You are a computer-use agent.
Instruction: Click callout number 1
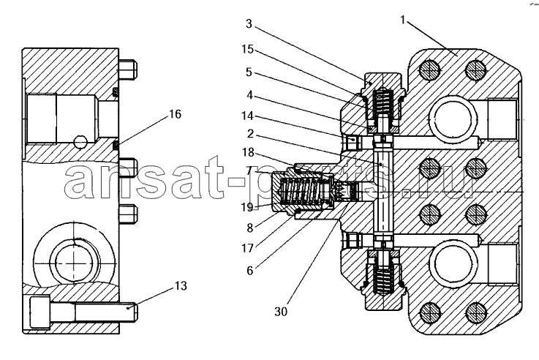tap(403, 20)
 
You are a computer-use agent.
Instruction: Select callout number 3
tap(249, 23)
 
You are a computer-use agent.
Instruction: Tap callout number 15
tap(247, 49)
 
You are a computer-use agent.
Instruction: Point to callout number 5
tap(249, 72)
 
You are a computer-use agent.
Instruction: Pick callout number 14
tap(247, 116)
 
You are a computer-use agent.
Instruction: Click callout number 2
tap(250, 133)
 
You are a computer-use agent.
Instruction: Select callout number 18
tap(248, 152)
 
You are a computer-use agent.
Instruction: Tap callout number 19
tap(246, 207)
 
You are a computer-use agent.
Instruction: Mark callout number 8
tap(250, 228)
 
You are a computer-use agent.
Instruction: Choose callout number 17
tap(247, 248)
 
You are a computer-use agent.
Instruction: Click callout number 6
tap(250, 271)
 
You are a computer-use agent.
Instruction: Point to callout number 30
tap(281, 312)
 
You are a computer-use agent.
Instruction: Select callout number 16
tap(175, 114)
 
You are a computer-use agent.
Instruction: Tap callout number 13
tap(181, 285)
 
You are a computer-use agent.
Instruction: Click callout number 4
tap(250, 95)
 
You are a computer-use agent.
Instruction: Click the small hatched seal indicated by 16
tap(116, 146)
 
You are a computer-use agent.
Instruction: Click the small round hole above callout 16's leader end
tap(80, 141)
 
